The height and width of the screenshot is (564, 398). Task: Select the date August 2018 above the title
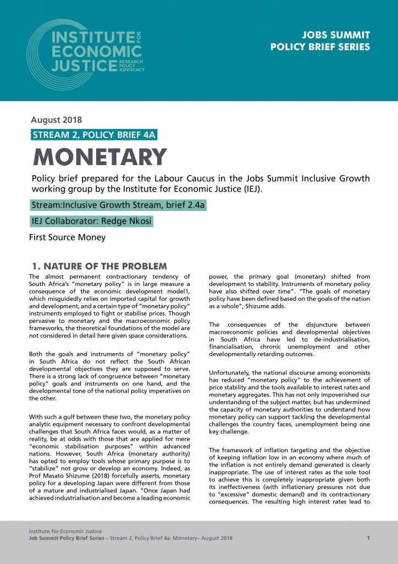point(57,120)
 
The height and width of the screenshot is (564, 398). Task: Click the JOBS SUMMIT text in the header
point(336,35)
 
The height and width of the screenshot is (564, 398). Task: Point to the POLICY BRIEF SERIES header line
point(320,47)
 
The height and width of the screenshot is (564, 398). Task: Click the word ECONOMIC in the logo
point(96,52)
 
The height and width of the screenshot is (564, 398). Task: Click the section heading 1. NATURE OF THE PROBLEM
point(99,267)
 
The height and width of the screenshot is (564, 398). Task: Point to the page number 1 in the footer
point(368,537)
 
